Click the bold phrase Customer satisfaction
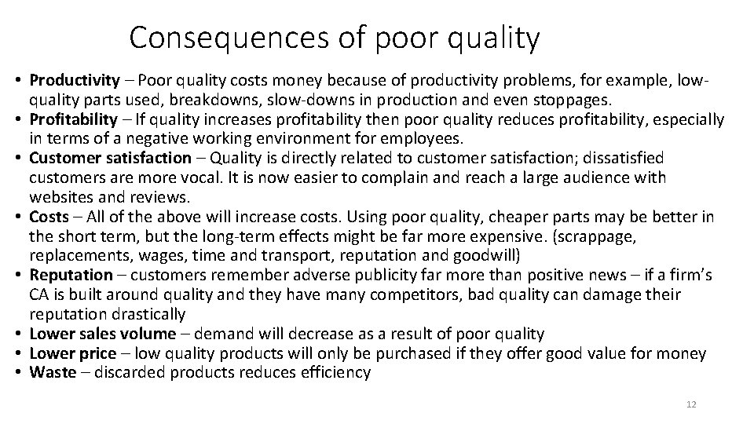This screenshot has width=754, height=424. (x=110, y=158)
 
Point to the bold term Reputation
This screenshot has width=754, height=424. (x=71, y=275)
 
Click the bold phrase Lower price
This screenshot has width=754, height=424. (x=72, y=353)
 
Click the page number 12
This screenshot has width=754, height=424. (x=691, y=404)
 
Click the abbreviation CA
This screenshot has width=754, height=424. (x=40, y=294)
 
